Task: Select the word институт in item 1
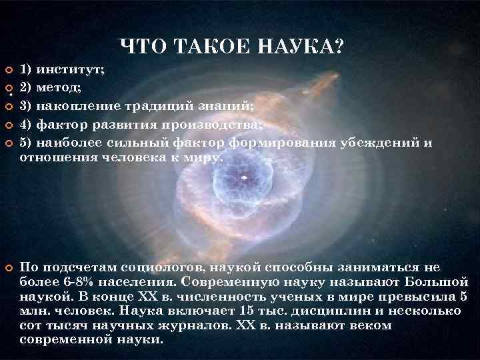click(70, 69)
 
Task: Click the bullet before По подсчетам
click(9, 268)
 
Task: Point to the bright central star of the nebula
click(244, 178)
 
